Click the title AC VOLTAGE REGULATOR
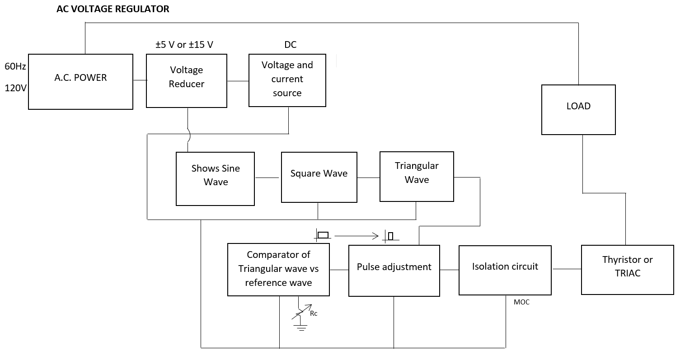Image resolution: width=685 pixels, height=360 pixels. coord(113,9)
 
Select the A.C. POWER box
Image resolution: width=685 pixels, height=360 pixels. coord(80,82)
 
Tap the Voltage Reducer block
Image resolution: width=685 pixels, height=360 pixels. coord(186,80)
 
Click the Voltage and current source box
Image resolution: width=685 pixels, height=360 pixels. coord(287,80)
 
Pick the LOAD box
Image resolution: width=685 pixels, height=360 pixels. coord(578,109)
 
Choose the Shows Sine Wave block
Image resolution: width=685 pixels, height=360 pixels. coord(215,179)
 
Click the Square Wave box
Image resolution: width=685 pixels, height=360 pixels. coord(319,177)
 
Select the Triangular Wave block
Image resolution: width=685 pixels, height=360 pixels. coord(417,176)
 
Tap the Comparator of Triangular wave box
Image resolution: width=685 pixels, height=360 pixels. coord(278,270)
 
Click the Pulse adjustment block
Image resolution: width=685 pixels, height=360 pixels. coord(394,271)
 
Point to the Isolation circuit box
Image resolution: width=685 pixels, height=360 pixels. coord(505,270)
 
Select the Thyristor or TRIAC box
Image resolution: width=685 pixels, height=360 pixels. coord(627,270)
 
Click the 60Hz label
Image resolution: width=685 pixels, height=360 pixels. coord(15,67)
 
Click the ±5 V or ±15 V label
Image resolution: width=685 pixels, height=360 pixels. coord(184,45)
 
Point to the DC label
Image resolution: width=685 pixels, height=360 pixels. coord(290,45)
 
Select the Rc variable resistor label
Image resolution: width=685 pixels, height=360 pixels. coord(314,313)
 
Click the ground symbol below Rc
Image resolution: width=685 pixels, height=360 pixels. coord(299,327)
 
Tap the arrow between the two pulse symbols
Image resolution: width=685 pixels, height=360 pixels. coord(356,235)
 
